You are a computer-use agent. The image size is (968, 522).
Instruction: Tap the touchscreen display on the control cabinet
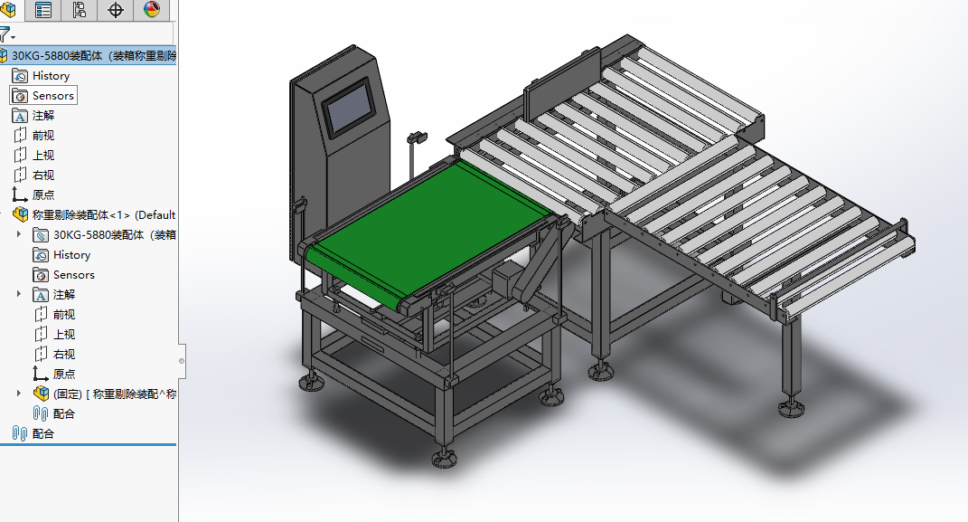350,108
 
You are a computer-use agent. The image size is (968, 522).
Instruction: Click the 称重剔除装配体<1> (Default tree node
104,215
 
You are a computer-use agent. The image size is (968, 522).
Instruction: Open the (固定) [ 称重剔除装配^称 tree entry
114,394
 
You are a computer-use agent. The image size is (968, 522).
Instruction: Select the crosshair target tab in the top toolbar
116,10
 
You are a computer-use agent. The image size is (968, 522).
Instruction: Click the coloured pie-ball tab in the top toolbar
152,9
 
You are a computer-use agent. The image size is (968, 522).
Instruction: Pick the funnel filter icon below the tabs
5,34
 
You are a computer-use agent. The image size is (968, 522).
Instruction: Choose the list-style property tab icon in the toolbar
43,10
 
